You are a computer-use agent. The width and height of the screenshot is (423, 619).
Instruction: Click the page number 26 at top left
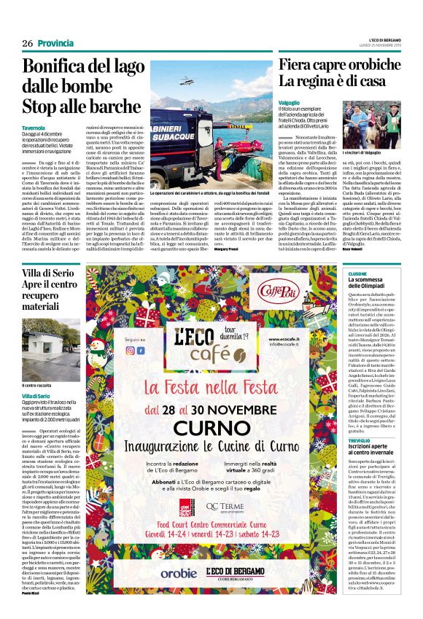click(x=27, y=44)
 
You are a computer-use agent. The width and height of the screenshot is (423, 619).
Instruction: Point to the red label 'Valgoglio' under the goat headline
click(x=290, y=103)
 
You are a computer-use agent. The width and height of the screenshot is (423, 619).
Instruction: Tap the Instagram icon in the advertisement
click(x=141, y=350)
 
